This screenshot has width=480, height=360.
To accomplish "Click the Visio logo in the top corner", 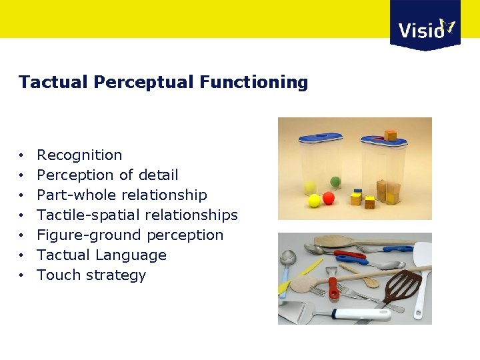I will point(425,27).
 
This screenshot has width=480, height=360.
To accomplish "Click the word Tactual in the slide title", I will point(53,82).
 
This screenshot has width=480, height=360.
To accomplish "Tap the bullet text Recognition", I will point(79,155).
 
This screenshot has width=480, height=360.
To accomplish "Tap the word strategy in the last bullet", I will point(117,275).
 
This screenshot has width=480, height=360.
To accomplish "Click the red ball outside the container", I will point(329,199).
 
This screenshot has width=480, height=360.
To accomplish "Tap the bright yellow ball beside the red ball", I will point(314,200).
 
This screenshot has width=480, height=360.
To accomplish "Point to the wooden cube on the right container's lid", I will point(391,135).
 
